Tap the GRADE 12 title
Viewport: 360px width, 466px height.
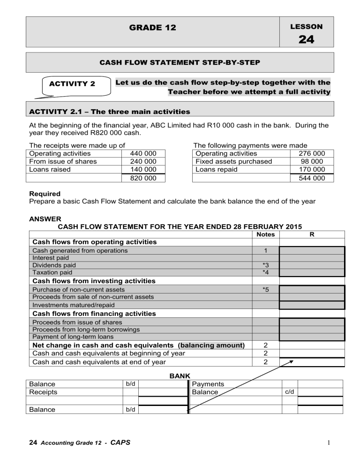[152, 28]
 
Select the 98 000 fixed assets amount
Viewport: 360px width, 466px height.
[313, 161]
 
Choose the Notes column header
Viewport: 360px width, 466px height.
[266, 234]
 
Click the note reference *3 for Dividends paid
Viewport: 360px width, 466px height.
[266, 265]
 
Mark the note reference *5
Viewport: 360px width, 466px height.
[266, 290]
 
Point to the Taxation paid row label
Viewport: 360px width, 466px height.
[52, 272]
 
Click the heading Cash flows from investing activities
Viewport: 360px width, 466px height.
[93, 281]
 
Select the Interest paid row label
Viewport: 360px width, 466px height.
[49, 258]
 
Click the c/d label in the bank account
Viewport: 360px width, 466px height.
[290, 392]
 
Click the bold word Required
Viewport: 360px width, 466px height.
[45, 193]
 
